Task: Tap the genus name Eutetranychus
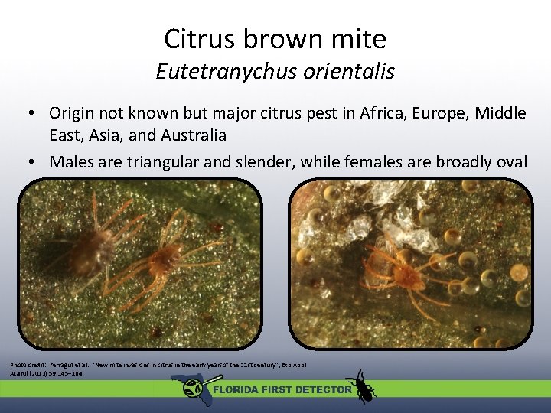pos(223,72)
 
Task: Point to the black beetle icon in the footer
pos(360,386)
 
